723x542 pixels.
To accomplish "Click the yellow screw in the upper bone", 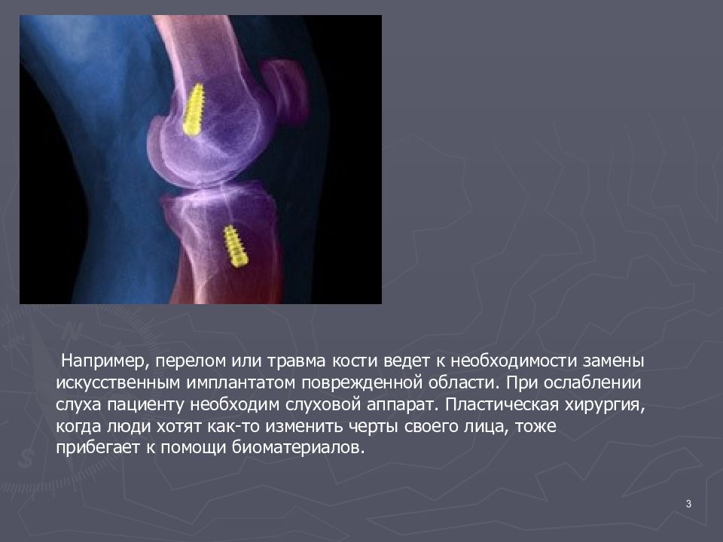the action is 194,109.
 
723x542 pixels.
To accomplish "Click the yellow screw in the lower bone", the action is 236,246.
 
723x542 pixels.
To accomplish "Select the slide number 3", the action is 688,504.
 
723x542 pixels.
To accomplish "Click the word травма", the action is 297,361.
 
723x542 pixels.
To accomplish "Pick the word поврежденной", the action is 362,383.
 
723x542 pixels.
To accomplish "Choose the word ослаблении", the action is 593,382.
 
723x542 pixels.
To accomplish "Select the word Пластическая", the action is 502,405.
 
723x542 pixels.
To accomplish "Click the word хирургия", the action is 605,405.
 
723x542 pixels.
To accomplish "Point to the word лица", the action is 488,426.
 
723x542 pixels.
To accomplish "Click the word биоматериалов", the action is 298,447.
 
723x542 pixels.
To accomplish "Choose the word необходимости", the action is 514,361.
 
